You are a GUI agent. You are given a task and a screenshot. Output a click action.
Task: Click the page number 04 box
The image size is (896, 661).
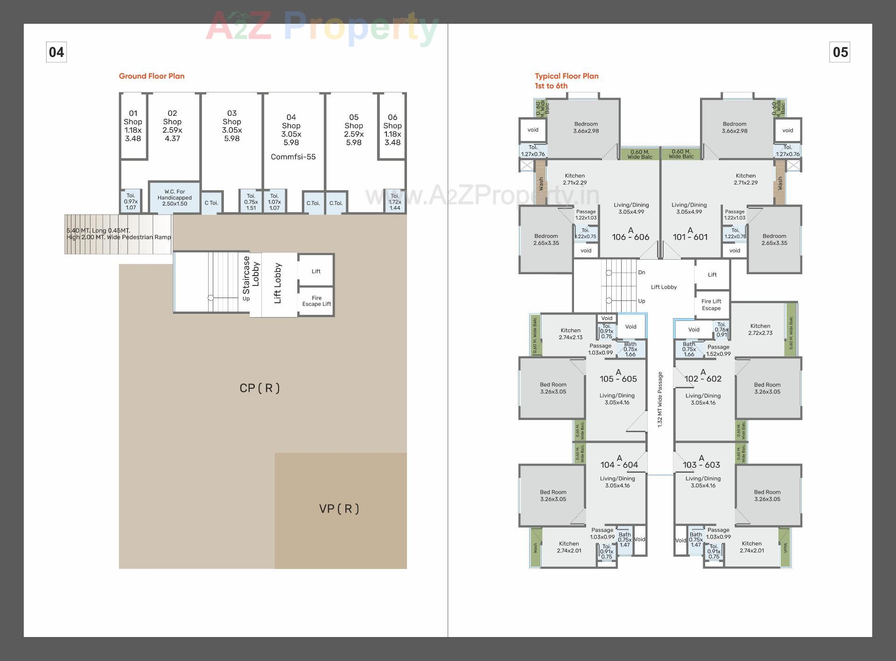[x=56, y=52]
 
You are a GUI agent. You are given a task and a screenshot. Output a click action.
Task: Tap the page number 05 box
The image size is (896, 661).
[x=840, y=52]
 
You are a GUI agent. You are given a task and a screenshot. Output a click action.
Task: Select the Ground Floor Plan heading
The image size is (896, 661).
[x=152, y=76]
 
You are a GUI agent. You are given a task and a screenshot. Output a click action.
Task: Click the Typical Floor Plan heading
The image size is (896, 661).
[x=567, y=76]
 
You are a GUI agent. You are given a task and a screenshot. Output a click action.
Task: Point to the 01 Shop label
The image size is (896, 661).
[x=133, y=126]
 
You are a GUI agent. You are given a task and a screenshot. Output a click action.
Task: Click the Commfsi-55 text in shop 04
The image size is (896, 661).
[x=293, y=157]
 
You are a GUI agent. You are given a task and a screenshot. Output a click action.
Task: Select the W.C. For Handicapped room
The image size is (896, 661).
[x=175, y=198]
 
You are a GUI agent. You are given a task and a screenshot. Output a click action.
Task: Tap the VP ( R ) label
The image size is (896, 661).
[x=339, y=509]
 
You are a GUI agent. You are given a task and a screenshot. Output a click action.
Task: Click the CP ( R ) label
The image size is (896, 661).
[x=259, y=388]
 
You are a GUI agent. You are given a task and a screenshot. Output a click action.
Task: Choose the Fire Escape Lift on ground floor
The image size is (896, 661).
[x=316, y=301]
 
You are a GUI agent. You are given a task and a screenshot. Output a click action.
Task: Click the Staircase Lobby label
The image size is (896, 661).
[x=251, y=276]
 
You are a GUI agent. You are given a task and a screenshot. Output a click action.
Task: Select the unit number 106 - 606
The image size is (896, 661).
[x=630, y=237]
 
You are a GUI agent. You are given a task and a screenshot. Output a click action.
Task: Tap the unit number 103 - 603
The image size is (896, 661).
[x=701, y=465]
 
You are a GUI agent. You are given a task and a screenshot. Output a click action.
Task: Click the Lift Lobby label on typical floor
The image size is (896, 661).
[x=664, y=287]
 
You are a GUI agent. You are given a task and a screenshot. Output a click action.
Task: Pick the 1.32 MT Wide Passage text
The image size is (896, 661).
[x=660, y=399]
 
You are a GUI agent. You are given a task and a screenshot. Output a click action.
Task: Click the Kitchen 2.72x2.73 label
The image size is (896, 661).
[x=760, y=330]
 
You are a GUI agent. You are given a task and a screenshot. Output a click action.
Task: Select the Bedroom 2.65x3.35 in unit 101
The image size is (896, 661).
[x=774, y=240]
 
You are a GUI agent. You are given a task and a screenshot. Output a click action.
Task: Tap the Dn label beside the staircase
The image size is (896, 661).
[x=642, y=272]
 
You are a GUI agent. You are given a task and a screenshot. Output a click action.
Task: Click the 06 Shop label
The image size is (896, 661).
[x=392, y=130]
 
